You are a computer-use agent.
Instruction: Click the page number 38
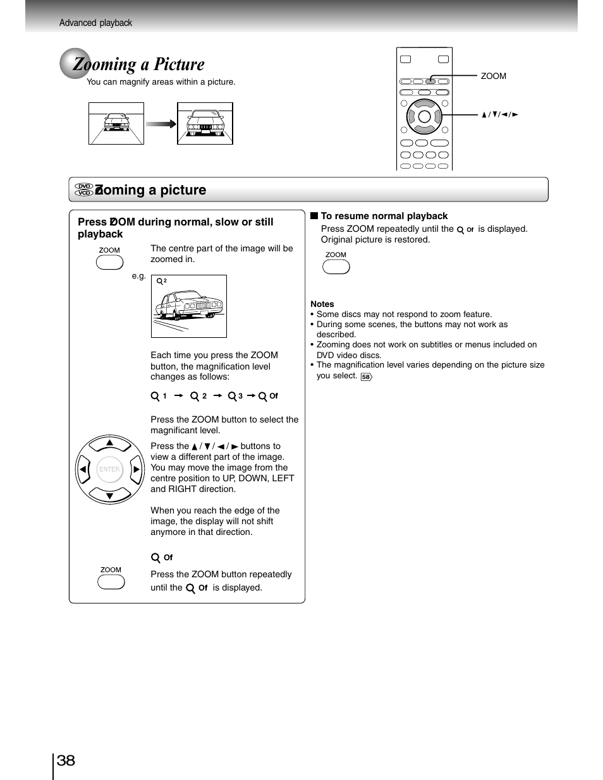click(x=66, y=760)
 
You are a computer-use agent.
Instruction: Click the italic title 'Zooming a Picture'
click(x=138, y=64)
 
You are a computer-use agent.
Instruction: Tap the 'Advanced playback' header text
click(x=95, y=23)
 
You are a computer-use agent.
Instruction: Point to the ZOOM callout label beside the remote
click(x=493, y=76)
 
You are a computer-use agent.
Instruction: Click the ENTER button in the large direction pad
click(x=109, y=469)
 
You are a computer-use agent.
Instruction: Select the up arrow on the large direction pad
click(x=109, y=443)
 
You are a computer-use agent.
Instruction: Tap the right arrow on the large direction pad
click(x=136, y=469)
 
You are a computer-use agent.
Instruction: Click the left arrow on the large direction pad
click(x=83, y=469)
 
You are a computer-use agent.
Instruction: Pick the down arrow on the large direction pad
click(x=109, y=496)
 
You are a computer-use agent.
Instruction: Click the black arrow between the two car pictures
click(x=161, y=124)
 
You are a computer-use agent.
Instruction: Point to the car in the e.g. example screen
click(x=189, y=305)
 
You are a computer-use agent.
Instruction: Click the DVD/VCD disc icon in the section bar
click(x=83, y=189)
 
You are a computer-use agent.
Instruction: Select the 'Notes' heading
click(x=322, y=304)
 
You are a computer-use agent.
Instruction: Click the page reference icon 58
click(x=366, y=376)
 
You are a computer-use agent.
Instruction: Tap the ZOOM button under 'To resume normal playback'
click(x=336, y=267)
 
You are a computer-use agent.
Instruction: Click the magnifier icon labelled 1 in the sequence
click(x=155, y=396)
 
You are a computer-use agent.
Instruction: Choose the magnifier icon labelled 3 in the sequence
click(x=232, y=396)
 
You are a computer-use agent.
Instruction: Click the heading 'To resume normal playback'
click(x=384, y=216)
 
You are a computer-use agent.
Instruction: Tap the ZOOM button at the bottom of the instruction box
click(x=111, y=582)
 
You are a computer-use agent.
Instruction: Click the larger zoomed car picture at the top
click(x=205, y=124)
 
